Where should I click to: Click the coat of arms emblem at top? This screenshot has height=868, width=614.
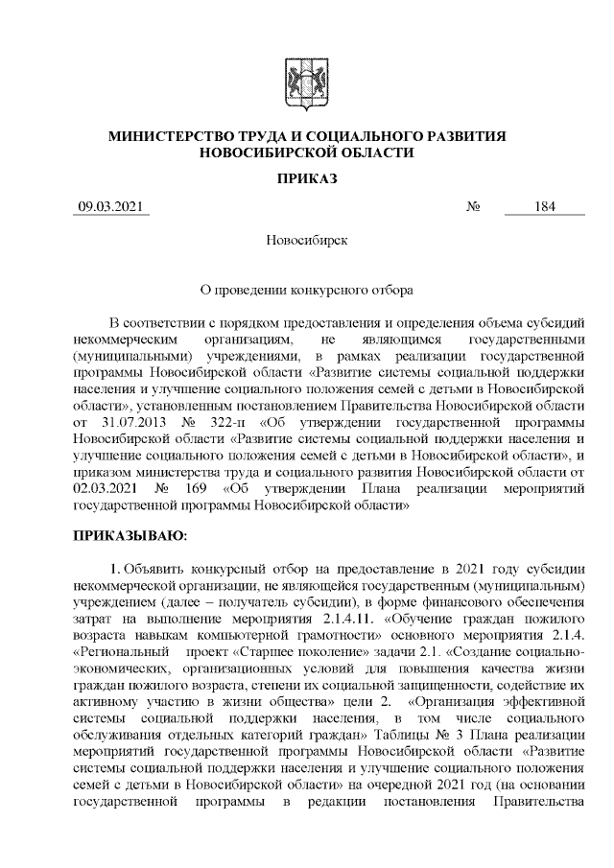tap(307, 79)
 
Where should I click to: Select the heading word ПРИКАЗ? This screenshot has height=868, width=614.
tap(307, 179)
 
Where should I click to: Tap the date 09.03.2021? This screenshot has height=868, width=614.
tap(111, 207)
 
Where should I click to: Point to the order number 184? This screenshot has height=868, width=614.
tap(545, 207)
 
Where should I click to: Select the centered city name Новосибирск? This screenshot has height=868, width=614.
tap(307, 239)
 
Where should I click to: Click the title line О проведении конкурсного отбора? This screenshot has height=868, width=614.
tap(307, 287)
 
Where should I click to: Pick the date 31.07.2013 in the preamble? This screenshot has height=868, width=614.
tap(129, 424)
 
